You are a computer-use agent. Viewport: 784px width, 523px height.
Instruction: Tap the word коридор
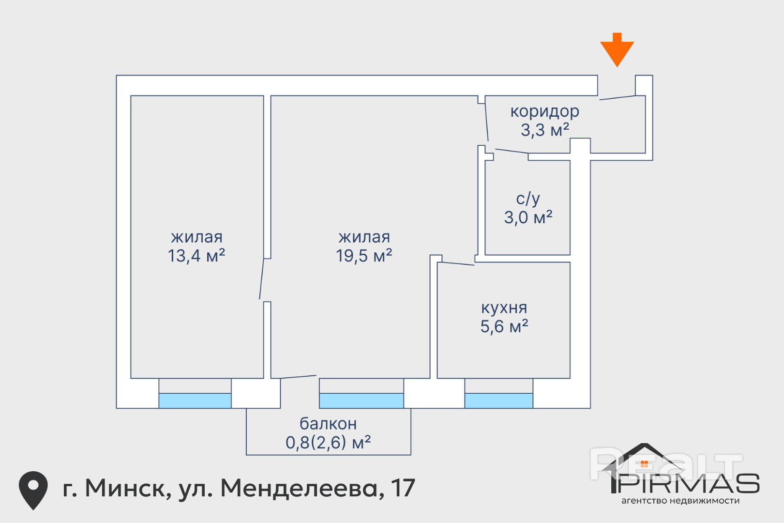pyautogui.click(x=544, y=112)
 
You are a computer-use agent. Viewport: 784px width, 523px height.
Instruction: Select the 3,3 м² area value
pyautogui.click(x=544, y=130)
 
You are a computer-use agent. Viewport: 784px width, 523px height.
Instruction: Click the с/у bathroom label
pyautogui.click(x=528, y=199)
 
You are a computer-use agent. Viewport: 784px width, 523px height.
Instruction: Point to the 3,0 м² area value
pyautogui.click(x=528, y=217)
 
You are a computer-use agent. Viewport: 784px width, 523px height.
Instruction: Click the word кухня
pyautogui.click(x=504, y=308)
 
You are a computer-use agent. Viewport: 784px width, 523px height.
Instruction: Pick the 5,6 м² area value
pyautogui.click(x=504, y=326)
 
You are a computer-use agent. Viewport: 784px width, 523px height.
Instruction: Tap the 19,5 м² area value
pyautogui.click(x=364, y=256)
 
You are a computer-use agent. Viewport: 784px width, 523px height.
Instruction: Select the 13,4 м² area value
pyautogui.click(x=196, y=256)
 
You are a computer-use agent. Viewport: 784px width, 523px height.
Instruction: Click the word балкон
pyautogui.click(x=328, y=424)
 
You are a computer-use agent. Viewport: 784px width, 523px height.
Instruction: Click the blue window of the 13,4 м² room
pyautogui.click(x=195, y=400)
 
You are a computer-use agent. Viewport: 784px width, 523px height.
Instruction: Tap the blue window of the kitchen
pyautogui.click(x=498, y=400)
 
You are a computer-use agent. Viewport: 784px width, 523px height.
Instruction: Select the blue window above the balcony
pyautogui.click(x=361, y=400)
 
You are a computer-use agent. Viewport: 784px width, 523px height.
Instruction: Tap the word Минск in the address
pyautogui.click(x=128, y=488)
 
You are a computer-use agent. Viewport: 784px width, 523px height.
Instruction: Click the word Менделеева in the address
pyautogui.click(x=299, y=488)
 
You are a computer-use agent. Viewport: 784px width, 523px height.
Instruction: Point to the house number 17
pyautogui.click(x=403, y=488)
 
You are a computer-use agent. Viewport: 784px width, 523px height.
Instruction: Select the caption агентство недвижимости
pyautogui.click(x=680, y=501)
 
